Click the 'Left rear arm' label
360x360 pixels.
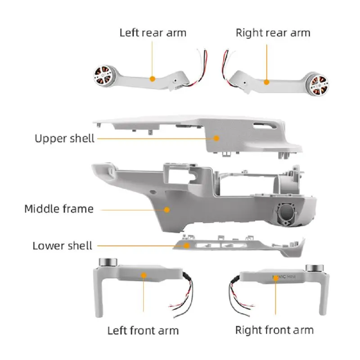coord(153,32)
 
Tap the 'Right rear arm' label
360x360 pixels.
coord(273,32)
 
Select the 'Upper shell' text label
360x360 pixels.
coord(64,138)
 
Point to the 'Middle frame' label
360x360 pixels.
coord(59,209)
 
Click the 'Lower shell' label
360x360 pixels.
coord(62,246)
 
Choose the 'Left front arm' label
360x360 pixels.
coord(143,330)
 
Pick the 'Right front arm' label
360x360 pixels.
coord(274,329)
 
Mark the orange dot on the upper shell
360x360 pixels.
coord(216,138)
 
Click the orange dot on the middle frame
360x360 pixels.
coord(167,209)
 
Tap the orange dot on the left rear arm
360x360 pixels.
coord(153,79)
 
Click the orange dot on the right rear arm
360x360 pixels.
coord(266,82)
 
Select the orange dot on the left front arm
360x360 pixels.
coord(144,275)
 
